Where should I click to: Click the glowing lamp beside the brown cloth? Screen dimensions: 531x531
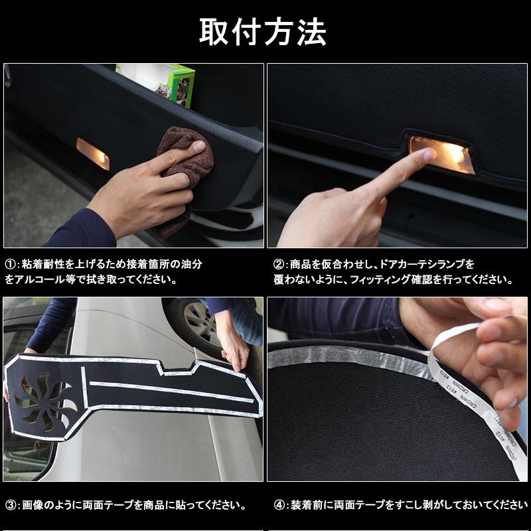pos(93,153)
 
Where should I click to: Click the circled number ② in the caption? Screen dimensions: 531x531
pos(279,264)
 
